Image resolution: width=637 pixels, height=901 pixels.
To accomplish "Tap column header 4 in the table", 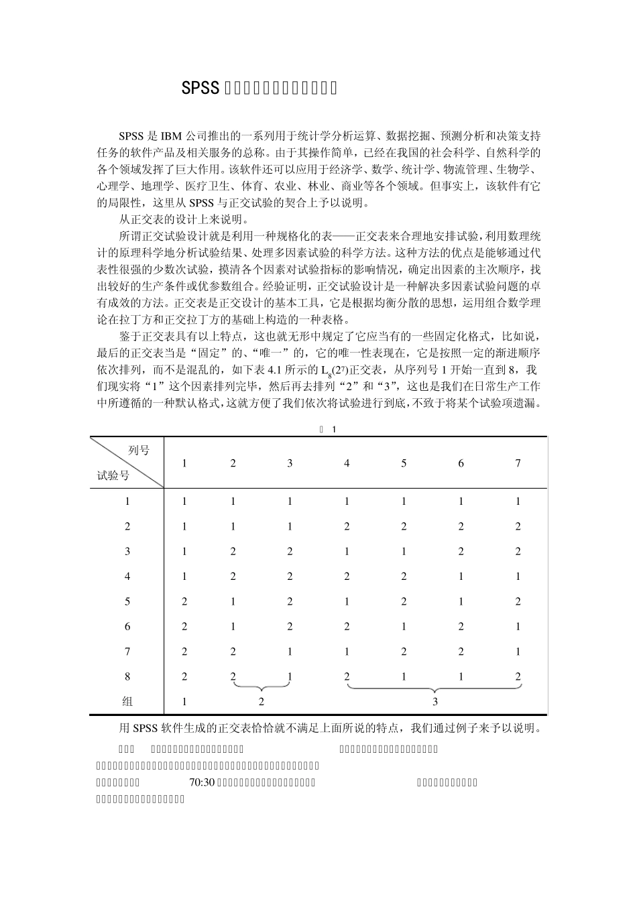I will [x=347, y=463].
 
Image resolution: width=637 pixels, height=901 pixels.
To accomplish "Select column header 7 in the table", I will [x=518, y=463].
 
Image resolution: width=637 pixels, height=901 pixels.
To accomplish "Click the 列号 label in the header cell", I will [x=139, y=450].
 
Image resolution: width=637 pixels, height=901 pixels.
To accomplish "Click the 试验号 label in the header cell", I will [x=113, y=475].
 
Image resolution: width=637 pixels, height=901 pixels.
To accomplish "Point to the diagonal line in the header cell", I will [x=127, y=463].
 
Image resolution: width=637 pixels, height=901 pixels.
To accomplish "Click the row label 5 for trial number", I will [x=127, y=601].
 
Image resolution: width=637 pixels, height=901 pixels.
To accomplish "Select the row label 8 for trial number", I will [x=127, y=677].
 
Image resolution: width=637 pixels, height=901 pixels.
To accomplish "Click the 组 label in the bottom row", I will [x=127, y=702].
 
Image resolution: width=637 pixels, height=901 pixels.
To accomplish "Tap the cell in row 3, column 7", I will [x=518, y=551].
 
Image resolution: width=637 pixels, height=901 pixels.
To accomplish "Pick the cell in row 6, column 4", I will [x=347, y=627].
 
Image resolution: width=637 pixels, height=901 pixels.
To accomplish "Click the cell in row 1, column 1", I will [x=184, y=501].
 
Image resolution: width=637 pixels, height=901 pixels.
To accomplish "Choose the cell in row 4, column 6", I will [x=461, y=577].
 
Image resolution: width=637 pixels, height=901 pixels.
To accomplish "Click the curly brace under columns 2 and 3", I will [x=262, y=686].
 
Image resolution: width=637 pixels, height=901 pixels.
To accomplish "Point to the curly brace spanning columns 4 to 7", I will [x=435, y=688].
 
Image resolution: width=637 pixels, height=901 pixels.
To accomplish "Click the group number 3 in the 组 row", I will [x=435, y=702].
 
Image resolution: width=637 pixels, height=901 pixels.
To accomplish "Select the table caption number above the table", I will [x=333, y=429].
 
